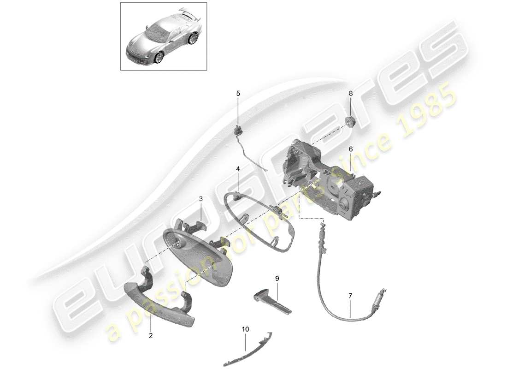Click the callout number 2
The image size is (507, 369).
pyautogui.click(x=150, y=335)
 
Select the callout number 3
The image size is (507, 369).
pyautogui.click(x=200, y=199)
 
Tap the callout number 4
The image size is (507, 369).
pyautogui.click(x=238, y=169)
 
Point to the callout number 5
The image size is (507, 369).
pyautogui.click(x=238, y=93)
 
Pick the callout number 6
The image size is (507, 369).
pyautogui.click(x=351, y=149)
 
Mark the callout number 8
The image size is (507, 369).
pyautogui.click(x=351, y=93)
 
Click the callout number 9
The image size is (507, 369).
pyautogui.click(x=277, y=278)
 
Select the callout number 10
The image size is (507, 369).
pyautogui.click(x=245, y=329)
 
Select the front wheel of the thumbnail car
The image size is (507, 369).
pyautogui.click(x=159, y=58)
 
